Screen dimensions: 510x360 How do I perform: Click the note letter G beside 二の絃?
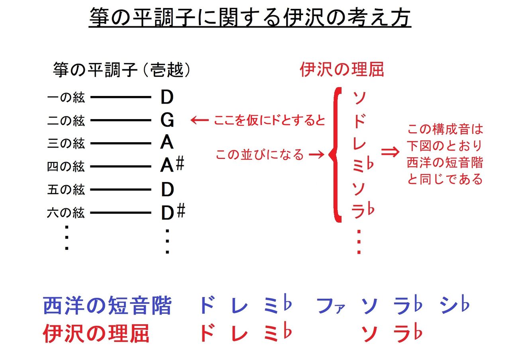tap(167, 119)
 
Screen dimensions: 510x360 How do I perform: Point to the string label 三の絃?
tap(66, 143)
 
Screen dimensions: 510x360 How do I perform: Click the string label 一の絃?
tap(66, 97)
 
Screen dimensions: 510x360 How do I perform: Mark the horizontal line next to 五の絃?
tap(120, 190)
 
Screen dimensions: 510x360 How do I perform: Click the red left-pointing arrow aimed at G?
tap(199, 120)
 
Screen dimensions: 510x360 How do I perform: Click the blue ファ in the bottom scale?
tap(330, 306)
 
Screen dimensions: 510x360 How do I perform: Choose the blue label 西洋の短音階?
tap(108, 306)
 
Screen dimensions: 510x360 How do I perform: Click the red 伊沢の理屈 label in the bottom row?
tap(96, 334)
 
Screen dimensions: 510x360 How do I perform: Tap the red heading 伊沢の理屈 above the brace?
tap(341, 70)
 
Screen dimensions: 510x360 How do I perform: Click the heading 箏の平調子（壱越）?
tap(122, 70)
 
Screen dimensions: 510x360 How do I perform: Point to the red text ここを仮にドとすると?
tap(270, 120)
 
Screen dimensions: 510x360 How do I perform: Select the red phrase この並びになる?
tap(260, 155)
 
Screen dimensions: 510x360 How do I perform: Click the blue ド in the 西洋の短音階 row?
tap(207, 306)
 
